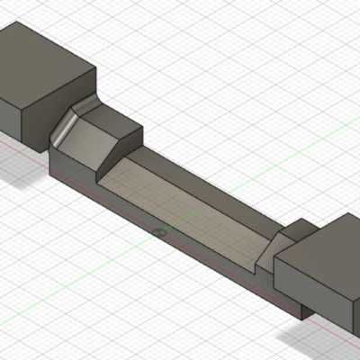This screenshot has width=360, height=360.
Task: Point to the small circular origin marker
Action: (160, 232)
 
